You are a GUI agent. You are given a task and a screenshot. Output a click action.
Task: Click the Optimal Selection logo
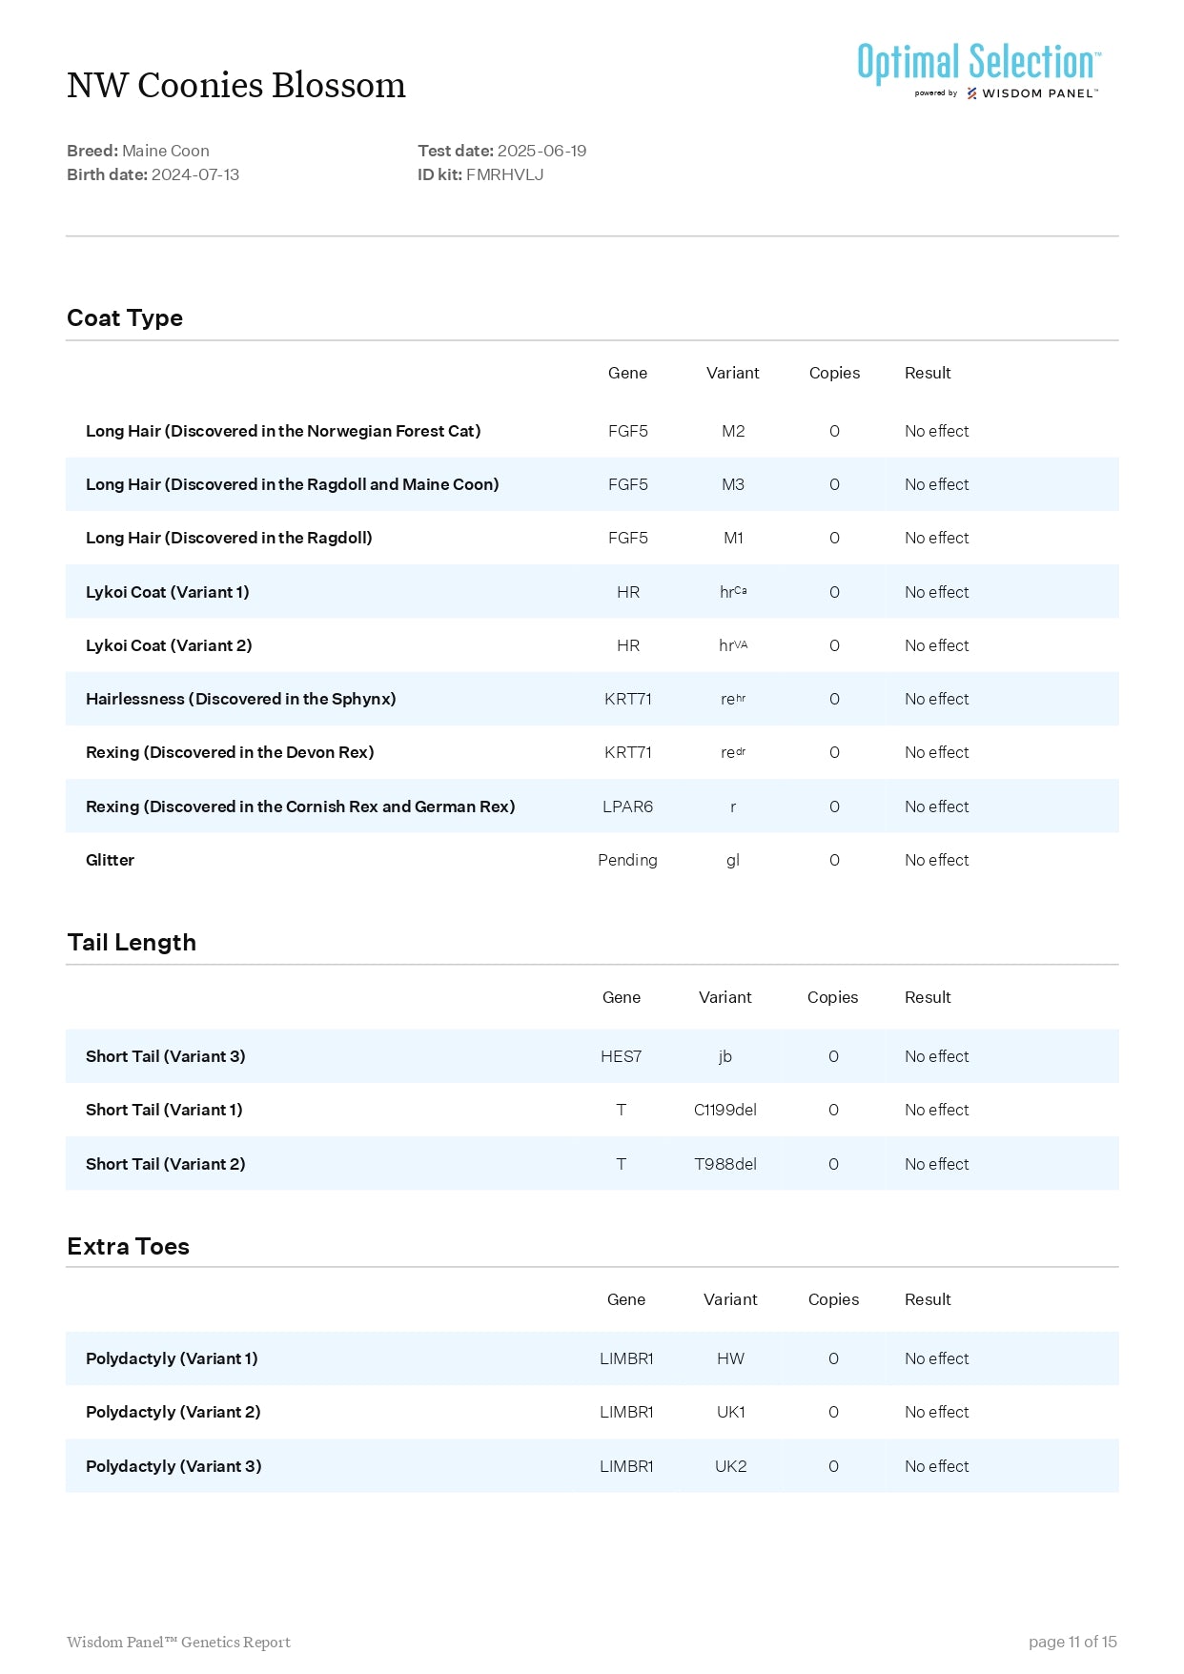(978, 69)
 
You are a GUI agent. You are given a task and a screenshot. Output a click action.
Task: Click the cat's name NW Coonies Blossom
(235, 86)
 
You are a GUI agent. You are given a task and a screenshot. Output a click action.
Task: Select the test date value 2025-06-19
(541, 151)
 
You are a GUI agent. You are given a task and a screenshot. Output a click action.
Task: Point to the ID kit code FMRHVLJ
(504, 174)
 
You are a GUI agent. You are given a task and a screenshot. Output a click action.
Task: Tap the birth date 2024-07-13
(194, 174)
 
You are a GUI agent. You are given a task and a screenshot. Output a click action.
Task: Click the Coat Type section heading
(125, 318)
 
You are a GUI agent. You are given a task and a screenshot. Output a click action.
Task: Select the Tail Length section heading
(132, 943)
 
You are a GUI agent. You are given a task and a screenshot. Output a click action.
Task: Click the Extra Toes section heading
(128, 1247)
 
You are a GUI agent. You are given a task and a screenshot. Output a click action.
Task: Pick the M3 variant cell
(732, 484)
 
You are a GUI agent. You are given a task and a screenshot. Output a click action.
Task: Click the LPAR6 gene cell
(627, 806)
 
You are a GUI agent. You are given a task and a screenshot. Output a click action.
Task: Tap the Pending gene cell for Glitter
(627, 860)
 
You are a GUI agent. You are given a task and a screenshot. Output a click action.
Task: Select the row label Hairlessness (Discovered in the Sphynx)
(240, 699)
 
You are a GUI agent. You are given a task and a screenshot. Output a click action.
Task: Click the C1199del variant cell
(725, 1110)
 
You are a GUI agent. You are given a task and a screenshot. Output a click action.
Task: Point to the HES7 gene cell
(621, 1056)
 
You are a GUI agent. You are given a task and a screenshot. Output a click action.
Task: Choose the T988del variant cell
(725, 1164)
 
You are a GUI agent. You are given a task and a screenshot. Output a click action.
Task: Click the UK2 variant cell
(730, 1466)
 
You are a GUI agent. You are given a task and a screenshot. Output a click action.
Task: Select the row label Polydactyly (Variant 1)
(172, 1358)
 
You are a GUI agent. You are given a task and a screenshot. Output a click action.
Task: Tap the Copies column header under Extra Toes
(833, 1299)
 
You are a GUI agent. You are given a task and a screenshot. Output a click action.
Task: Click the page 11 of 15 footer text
(1072, 1642)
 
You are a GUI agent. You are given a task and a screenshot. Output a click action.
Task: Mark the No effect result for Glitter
(936, 860)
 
